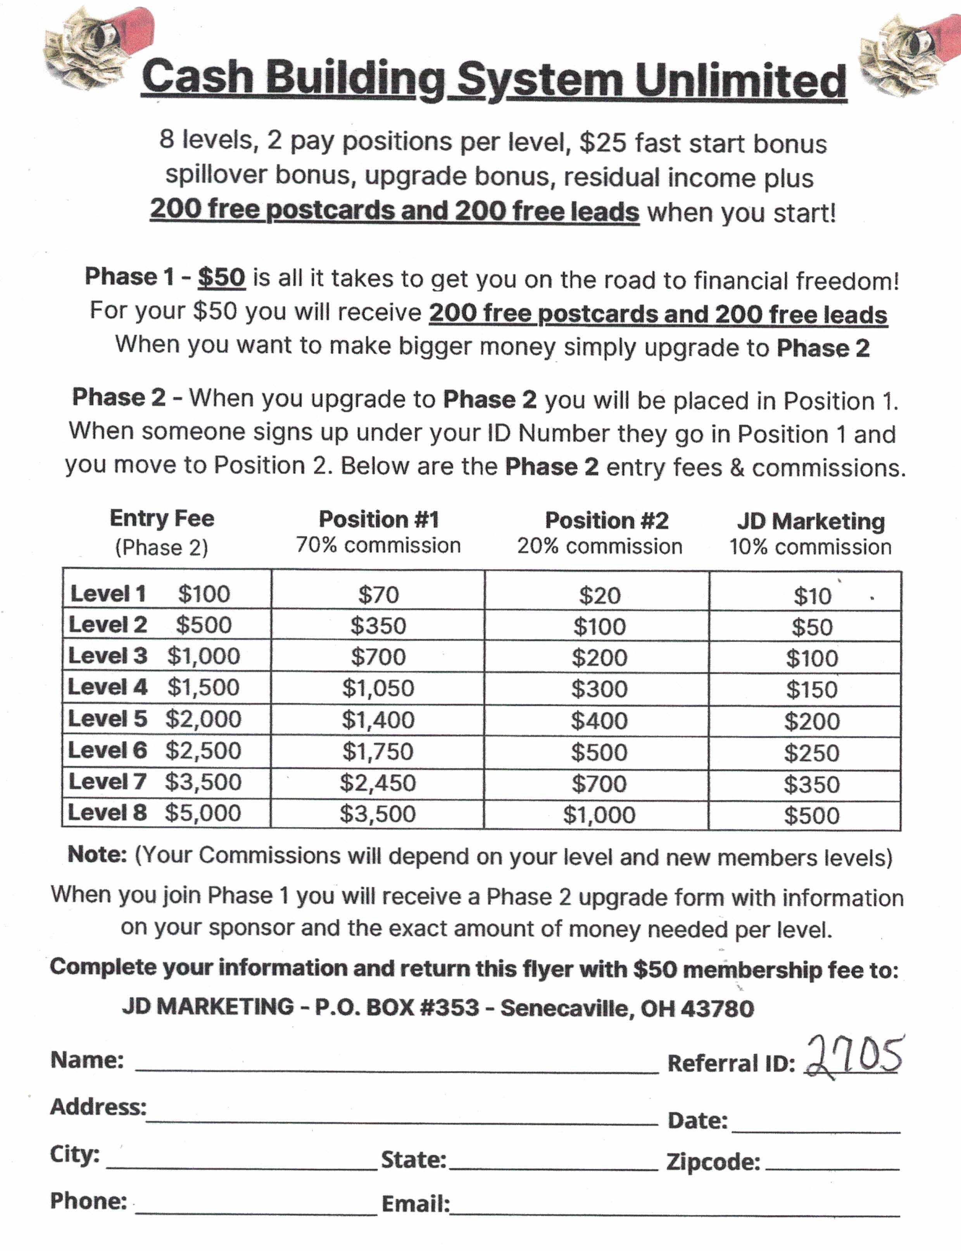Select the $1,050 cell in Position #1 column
pyautogui.click(x=378, y=688)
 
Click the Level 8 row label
pyautogui.click(x=107, y=812)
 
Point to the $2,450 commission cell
pyautogui.click(x=378, y=783)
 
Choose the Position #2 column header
pyautogui.click(x=606, y=520)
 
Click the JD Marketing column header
pyautogui.click(x=811, y=521)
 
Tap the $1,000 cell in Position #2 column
pyautogui.click(x=599, y=815)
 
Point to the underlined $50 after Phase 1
pyautogui.click(x=221, y=277)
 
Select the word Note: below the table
pyautogui.click(x=97, y=854)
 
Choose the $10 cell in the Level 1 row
pyautogui.click(x=812, y=596)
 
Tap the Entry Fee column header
pyautogui.click(x=162, y=518)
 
